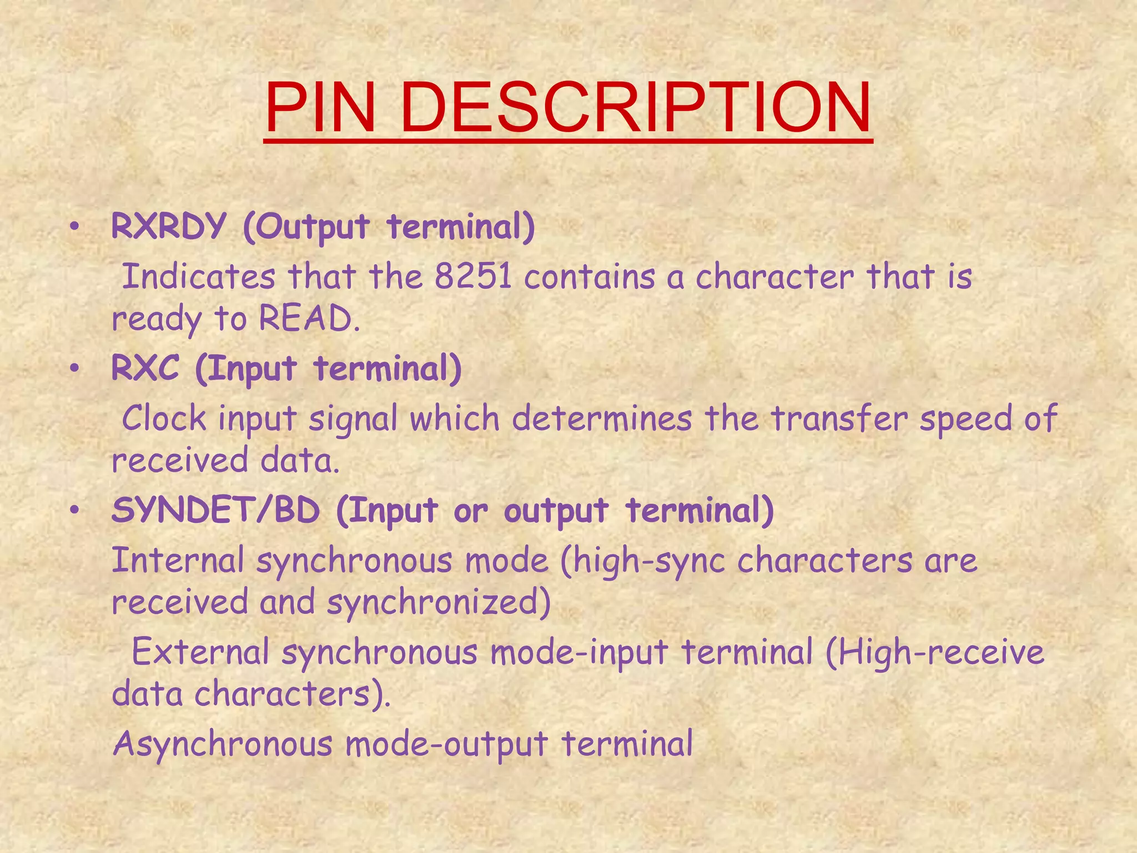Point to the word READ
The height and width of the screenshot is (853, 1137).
point(305,319)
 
